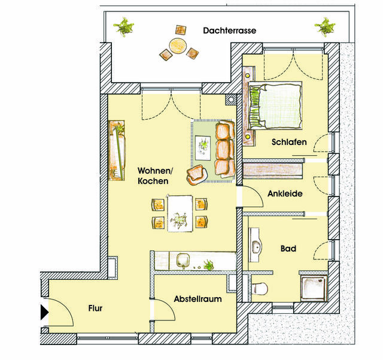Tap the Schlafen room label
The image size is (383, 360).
pyautogui.click(x=289, y=143)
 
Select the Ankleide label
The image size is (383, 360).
pyautogui.click(x=284, y=193)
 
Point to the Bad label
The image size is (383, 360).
pyautogui.click(x=288, y=248)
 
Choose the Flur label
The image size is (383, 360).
pyautogui.click(x=95, y=309)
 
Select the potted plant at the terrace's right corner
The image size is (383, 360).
pyautogui.click(x=326, y=26)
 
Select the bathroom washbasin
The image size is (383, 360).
pyautogui.click(x=257, y=246)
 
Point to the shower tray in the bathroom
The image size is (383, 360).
pyautogui.click(x=314, y=286)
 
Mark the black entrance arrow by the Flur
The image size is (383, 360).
pyautogui.click(x=44, y=312)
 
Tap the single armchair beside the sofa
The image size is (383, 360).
pyautogui.click(x=196, y=174)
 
